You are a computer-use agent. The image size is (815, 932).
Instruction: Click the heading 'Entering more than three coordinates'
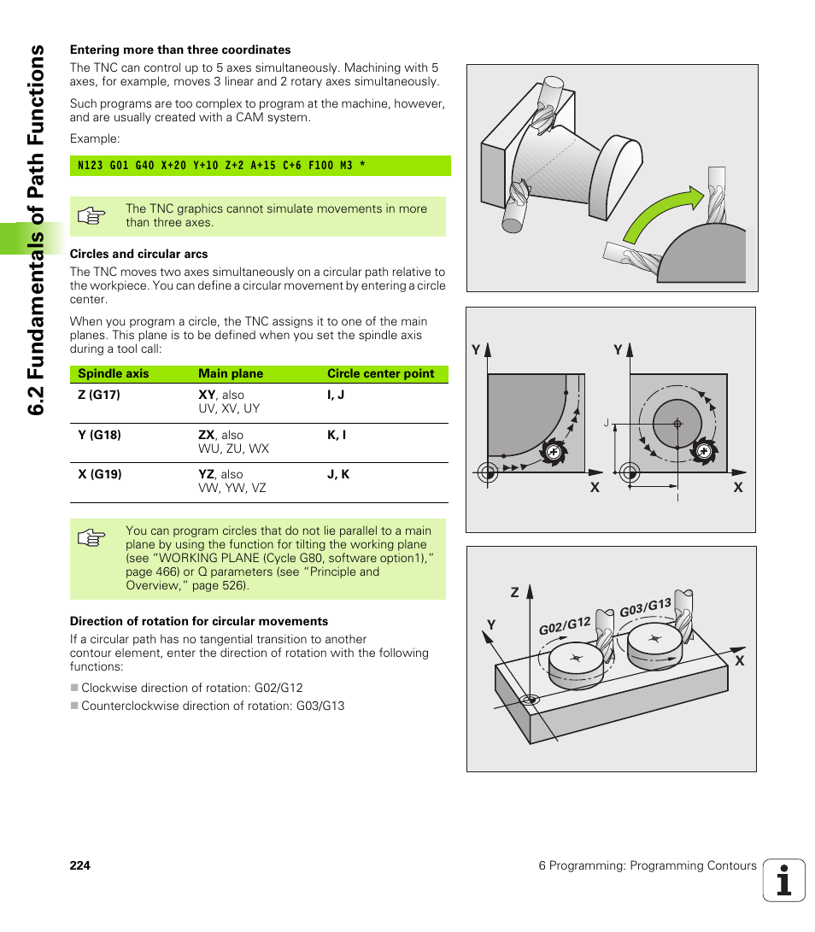[x=180, y=50]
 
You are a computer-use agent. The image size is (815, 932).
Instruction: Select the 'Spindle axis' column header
[x=113, y=373]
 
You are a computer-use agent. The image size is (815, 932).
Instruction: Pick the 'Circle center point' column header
[x=380, y=373]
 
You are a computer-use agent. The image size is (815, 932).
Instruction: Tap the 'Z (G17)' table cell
[x=98, y=396]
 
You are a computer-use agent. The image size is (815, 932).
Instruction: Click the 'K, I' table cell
[x=337, y=435]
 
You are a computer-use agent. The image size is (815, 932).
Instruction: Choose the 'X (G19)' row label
[x=99, y=474]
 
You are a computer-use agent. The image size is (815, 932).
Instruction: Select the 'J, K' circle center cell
[x=338, y=474]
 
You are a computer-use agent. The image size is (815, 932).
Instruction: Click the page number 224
[x=79, y=865]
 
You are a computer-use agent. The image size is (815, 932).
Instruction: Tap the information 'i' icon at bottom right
[x=783, y=880]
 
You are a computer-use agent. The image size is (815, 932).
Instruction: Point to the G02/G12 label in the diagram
[x=565, y=626]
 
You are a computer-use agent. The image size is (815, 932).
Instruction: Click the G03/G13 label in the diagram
[x=645, y=608]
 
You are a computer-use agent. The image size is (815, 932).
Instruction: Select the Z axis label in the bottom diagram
[x=515, y=592]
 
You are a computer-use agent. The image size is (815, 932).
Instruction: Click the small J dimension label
[x=606, y=423]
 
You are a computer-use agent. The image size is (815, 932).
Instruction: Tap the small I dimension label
[x=677, y=496]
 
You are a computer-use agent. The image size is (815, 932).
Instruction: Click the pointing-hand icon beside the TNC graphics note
[x=91, y=216]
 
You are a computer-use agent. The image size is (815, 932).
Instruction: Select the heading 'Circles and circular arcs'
[x=138, y=254]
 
